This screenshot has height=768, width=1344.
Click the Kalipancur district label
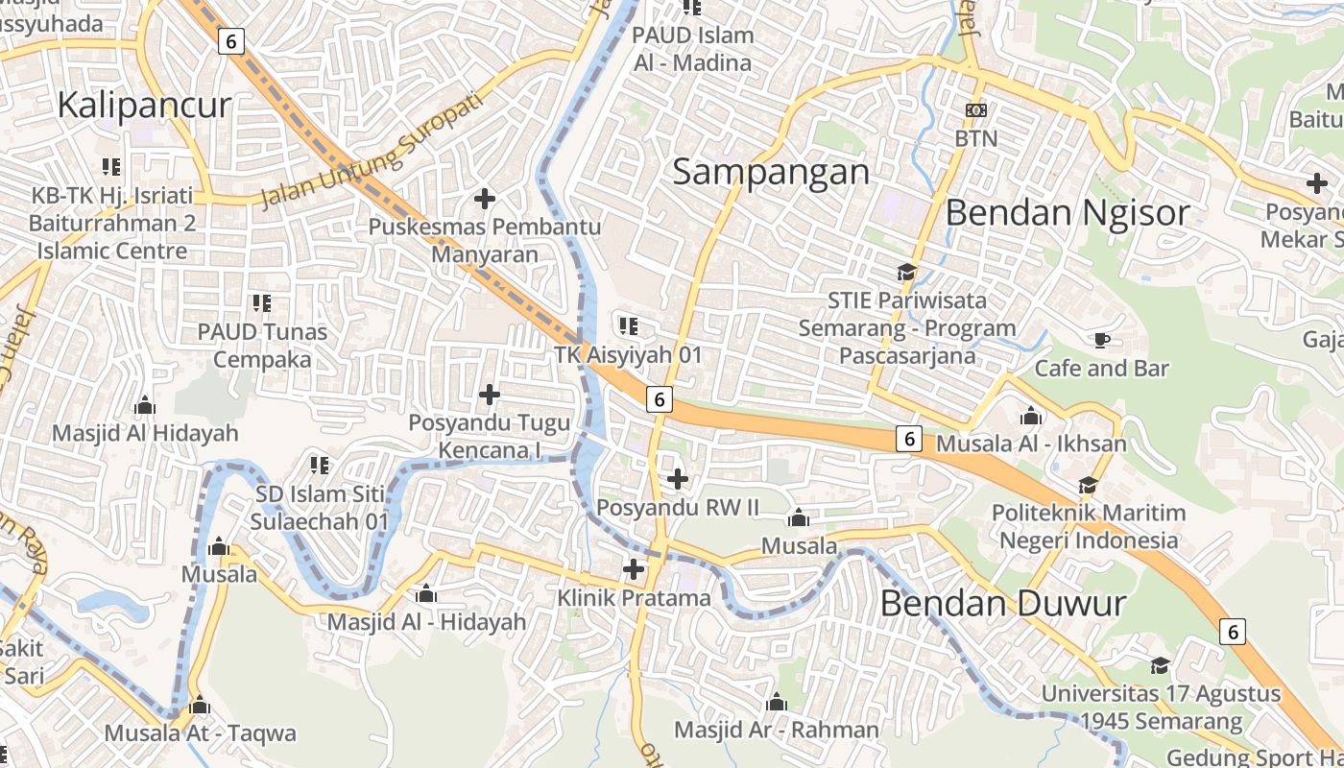pos(144,105)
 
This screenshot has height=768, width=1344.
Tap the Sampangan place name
pos(771,172)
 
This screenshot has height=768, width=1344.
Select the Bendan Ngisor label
pos(1068,212)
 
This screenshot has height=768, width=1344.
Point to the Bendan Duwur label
pos(1002,604)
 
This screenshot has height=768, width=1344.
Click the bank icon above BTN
pos(975,110)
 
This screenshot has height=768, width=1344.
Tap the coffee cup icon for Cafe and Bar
pos(1101,340)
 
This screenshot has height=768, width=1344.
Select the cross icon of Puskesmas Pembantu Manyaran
pos(485,199)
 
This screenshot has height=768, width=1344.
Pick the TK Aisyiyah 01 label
pos(629,354)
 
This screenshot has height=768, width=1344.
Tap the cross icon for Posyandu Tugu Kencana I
pos(490,394)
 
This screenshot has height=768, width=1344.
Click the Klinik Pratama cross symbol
pos(634,569)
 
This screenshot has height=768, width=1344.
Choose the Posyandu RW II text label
pos(678,506)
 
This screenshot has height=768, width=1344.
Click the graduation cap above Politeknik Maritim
pos(1088,485)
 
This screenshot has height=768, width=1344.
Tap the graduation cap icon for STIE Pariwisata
pos(906,272)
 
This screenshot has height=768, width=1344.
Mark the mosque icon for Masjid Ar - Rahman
pos(777,703)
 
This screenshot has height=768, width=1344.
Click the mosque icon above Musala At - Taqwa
pos(200,706)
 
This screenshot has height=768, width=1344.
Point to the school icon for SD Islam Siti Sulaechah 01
pos(320,466)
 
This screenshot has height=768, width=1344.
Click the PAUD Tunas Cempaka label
pos(262,346)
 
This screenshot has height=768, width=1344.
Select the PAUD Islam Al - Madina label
pos(692,49)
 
